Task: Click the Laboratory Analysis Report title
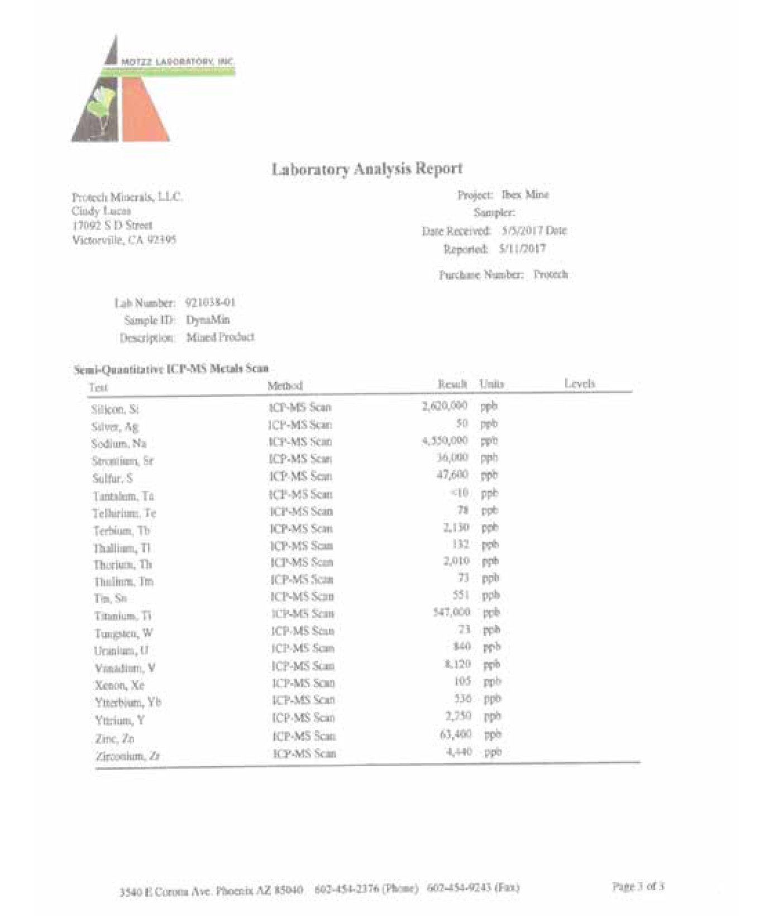coord(367,169)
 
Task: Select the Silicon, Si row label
coord(115,409)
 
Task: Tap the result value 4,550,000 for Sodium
coord(445,441)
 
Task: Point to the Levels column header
coord(579,384)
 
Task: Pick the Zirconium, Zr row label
coord(128,756)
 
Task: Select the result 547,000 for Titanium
coord(451,612)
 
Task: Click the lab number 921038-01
coord(210,303)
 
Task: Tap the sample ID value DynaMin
coord(208,320)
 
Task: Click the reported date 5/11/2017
coord(522,249)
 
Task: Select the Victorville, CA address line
coord(124,240)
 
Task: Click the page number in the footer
coord(638,886)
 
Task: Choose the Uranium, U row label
coord(121,651)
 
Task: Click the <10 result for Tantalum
coord(459,493)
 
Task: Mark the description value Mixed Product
coord(221,337)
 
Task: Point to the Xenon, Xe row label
coord(120,685)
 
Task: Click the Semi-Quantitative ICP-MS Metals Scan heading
coord(171,369)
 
